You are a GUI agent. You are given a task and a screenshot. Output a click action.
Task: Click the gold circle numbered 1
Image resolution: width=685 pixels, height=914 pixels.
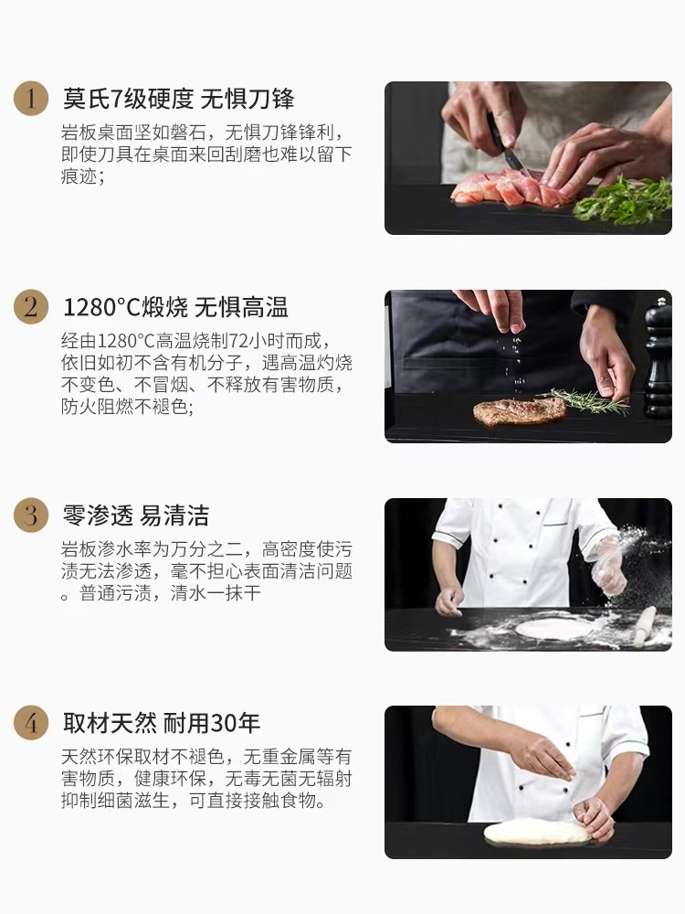tap(31, 99)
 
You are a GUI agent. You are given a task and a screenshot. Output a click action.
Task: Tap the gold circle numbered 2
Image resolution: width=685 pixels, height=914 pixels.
tap(31, 307)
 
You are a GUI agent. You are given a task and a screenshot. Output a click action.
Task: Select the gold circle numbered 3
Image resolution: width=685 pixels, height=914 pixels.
tap(31, 515)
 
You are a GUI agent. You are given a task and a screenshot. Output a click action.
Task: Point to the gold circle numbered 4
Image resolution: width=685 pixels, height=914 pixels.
tap(31, 724)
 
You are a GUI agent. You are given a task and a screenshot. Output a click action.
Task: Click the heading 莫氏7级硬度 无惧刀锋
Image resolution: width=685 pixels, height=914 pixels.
tap(178, 99)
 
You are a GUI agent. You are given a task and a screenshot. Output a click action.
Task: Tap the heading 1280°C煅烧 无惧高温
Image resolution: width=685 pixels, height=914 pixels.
tap(175, 307)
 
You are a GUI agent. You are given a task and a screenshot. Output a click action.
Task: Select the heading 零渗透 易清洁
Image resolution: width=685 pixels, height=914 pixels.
tap(135, 515)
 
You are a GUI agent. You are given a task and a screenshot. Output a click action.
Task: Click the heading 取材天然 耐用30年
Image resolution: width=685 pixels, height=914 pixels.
tap(161, 724)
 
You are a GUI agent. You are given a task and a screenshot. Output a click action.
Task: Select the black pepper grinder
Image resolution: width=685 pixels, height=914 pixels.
tap(658, 361)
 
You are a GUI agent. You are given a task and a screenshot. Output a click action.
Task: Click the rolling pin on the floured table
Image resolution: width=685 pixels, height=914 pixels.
tap(645, 626)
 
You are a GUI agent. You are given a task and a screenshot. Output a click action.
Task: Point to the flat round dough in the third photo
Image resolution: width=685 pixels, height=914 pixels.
tap(553, 628)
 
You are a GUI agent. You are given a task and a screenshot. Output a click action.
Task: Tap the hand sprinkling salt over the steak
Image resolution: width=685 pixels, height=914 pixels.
tap(498, 309)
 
